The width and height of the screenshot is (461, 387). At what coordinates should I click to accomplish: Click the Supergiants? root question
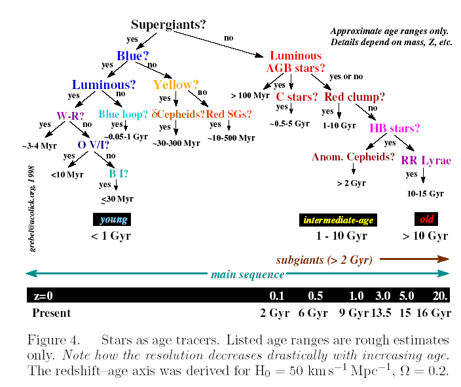(x=168, y=25)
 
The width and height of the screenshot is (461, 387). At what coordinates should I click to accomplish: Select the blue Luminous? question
(x=103, y=84)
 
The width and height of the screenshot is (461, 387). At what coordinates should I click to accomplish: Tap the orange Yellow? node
(x=175, y=84)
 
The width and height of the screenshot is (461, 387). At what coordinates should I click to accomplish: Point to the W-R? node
(x=71, y=115)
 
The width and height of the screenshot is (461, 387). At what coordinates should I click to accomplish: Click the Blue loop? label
(x=123, y=114)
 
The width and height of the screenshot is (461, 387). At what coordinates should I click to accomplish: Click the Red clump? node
(x=355, y=97)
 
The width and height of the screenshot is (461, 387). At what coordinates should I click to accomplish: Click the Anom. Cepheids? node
(x=353, y=157)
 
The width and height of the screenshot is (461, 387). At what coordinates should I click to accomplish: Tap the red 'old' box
(x=426, y=219)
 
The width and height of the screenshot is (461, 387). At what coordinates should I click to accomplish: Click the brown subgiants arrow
(x=413, y=259)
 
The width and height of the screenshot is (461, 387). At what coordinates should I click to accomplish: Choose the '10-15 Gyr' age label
(x=425, y=194)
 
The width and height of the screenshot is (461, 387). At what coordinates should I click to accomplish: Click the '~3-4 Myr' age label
(x=39, y=145)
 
